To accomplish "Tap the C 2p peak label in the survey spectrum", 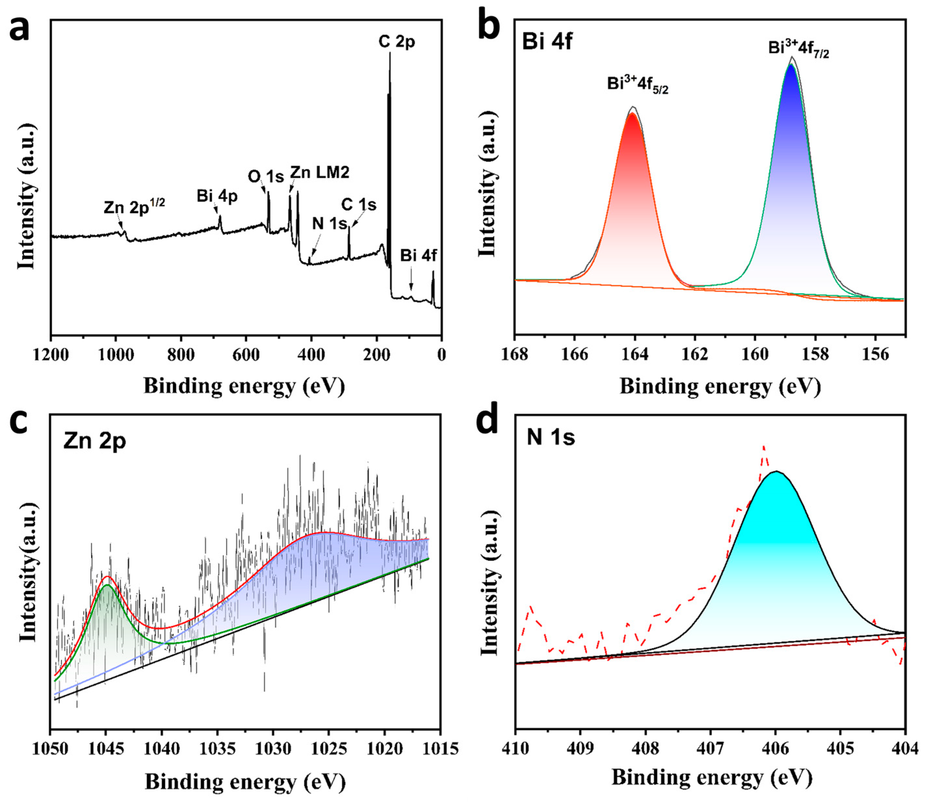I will [396, 42].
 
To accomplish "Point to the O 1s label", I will [266, 177].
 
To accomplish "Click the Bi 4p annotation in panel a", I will [217, 196].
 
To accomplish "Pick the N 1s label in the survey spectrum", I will [330, 223].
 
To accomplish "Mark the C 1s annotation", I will [359, 205].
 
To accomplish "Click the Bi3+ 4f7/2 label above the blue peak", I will [798, 49].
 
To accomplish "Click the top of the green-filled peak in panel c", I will [107, 586].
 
